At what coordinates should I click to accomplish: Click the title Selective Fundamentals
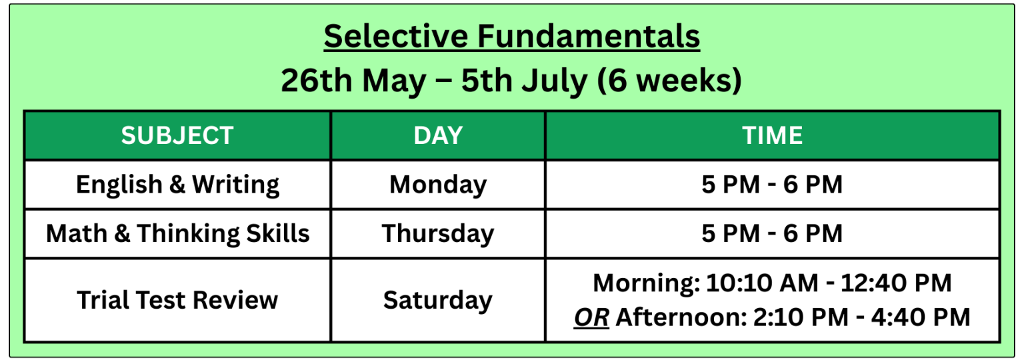coord(512,37)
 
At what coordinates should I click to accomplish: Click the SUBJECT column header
coord(177,136)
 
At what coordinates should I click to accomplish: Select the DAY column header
coord(438,136)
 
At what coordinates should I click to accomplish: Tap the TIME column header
coord(772,136)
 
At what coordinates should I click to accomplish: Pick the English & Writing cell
coord(177,185)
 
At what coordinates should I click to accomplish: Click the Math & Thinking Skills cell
coord(177,234)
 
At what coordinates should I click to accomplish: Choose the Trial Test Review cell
coord(177,300)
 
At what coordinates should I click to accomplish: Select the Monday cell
coord(438,185)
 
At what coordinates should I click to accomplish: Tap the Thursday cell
coord(438,234)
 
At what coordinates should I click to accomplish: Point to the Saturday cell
coord(438,300)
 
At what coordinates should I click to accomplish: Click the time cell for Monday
coord(772,185)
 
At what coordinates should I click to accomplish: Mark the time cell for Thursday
coord(772,234)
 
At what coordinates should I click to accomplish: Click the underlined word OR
coord(591,317)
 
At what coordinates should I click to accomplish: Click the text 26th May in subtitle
coord(353,81)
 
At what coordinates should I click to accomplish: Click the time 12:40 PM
coord(897,283)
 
